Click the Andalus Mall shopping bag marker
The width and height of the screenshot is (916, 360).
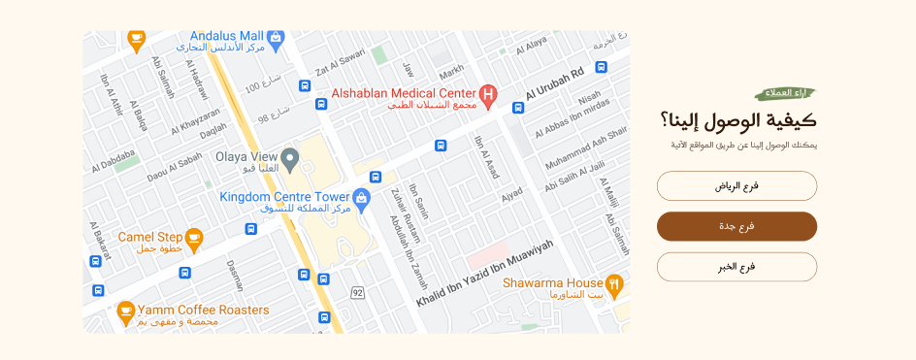click(x=276, y=38)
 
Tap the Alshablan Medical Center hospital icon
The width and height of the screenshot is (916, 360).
click(x=490, y=95)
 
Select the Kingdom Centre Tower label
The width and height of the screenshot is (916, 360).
click(x=284, y=196)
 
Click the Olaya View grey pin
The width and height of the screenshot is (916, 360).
click(x=289, y=157)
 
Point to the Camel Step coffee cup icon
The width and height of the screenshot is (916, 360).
click(x=194, y=237)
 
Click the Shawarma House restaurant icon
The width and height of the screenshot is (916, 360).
click(x=613, y=284)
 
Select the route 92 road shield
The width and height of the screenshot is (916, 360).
click(x=358, y=292)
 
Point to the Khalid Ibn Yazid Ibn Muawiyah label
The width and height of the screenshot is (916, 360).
click(x=484, y=275)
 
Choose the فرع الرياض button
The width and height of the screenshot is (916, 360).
click(x=736, y=185)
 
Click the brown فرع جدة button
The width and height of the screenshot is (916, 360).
click(x=736, y=226)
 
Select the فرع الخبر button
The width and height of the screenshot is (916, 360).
click(x=736, y=267)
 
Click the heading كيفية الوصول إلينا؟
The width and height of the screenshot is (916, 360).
click(x=737, y=121)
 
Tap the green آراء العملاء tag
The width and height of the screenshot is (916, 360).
click(x=785, y=93)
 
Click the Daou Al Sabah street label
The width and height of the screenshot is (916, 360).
click(x=175, y=167)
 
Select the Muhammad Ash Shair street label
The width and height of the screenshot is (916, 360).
click(x=586, y=147)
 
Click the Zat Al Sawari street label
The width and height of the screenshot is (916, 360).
click(x=340, y=65)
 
